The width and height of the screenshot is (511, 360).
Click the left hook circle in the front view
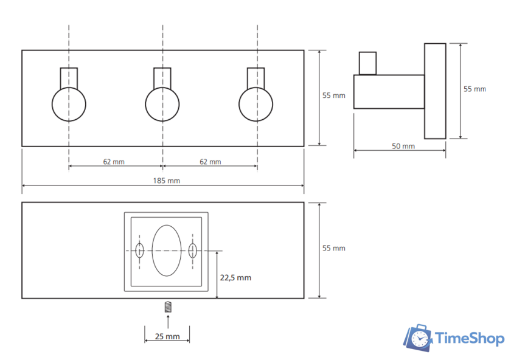point(69,104)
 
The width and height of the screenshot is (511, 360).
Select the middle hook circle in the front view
point(162,104)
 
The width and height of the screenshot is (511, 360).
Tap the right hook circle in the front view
point(256,104)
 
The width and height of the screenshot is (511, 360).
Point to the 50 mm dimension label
point(402,146)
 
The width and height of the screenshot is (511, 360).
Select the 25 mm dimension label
point(167,336)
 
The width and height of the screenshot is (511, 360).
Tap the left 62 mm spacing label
point(115,162)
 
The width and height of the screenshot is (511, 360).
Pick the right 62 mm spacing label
point(210,162)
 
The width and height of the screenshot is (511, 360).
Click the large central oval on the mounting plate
point(166,250)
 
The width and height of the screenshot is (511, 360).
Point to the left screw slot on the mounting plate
point(139,250)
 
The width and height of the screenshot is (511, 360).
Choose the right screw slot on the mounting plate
point(193,250)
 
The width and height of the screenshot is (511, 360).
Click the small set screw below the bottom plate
point(167,308)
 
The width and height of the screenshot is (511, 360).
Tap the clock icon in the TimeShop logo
point(419,339)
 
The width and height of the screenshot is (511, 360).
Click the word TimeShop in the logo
point(469,339)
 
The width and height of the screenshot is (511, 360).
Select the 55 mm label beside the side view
point(474,89)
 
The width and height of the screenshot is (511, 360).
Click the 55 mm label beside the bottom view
point(333,248)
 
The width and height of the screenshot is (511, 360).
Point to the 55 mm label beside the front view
point(333,95)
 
